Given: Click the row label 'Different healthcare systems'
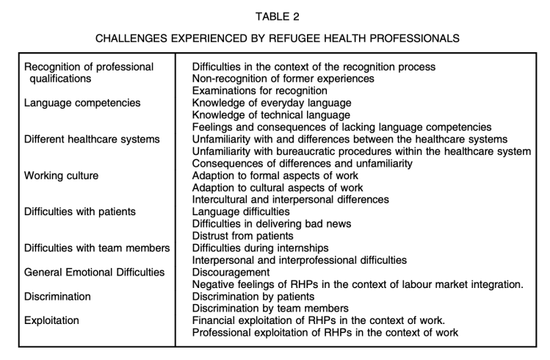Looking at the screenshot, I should coord(92,139).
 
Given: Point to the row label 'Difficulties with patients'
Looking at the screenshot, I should coord(80,212).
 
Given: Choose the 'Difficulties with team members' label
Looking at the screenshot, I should coord(96,248).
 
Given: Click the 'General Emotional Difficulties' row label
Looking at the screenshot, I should coord(94,272).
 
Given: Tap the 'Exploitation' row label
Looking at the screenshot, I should coord(53,320).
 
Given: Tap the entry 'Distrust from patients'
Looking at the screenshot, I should coord(247,236).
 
